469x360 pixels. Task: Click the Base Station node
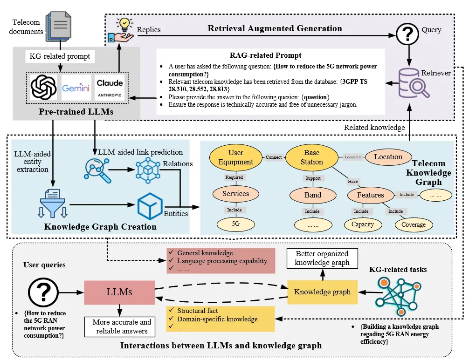311,157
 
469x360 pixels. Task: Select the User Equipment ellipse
236,157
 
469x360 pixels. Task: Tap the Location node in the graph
388,157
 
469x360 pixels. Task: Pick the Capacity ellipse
363,224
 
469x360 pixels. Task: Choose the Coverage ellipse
413,224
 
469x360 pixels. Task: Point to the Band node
313,195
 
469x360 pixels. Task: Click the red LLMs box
119,292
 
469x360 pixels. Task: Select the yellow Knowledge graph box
322,292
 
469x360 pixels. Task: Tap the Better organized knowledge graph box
322,258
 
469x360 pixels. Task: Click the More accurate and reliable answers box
122,326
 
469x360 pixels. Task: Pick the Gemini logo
76,88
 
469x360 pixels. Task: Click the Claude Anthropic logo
110,88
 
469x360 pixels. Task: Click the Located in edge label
353,157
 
